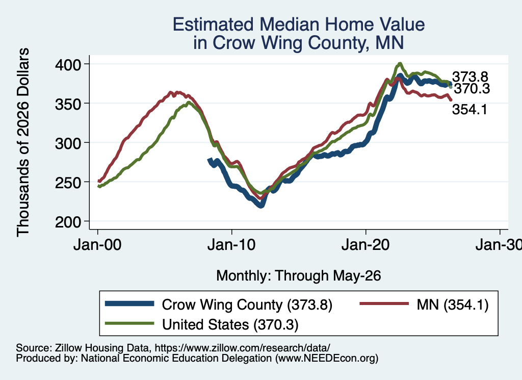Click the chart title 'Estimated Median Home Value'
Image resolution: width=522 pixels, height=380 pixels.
[x=299, y=24]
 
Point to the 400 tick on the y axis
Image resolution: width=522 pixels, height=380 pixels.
[x=68, y=64]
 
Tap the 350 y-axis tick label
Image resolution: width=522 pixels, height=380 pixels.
[x=68, y=104]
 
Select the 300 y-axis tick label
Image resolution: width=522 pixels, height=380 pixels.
[x=68, y=143]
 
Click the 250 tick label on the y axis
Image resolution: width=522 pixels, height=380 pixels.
[x=68, y=182]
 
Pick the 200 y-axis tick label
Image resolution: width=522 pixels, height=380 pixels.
[x=68, y=221]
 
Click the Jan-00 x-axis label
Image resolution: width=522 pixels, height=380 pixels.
[x=97, y=245]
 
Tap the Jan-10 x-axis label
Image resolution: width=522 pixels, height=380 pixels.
[x=231, y=245]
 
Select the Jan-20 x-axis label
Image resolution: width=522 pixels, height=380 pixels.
[x=366, y=245]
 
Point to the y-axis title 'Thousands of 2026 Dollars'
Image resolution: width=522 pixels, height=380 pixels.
[x=23, y=142]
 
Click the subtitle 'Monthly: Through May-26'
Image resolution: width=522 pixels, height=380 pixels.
[x=299, y=276]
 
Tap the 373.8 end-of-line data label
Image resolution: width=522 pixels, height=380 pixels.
[x=470, y=77]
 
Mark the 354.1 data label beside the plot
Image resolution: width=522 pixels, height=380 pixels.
[x=469, y=109]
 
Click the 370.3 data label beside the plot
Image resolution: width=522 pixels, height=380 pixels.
[x=472, y=89]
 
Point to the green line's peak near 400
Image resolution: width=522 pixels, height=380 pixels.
[x=400, y=63]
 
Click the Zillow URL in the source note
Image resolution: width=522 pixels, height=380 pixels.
[x=242, y=348]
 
